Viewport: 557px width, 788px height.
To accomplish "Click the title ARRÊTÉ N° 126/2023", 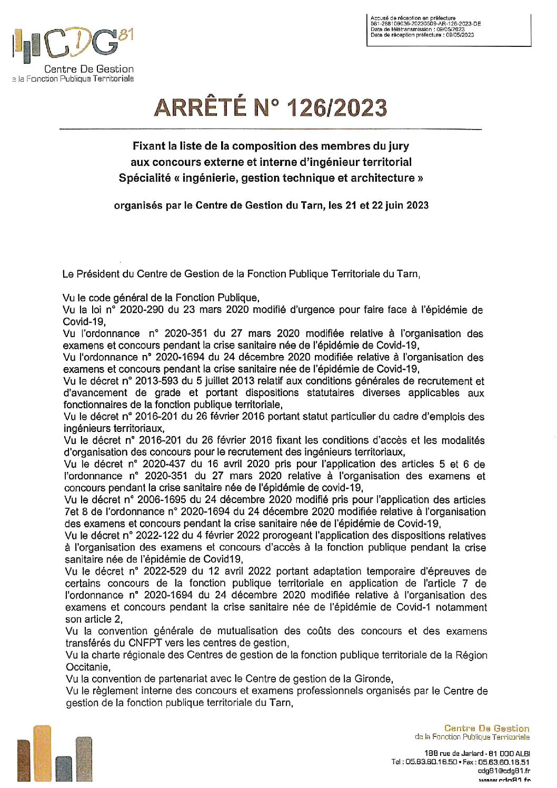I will pos(271,108).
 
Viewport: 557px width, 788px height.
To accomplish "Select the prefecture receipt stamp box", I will pos(449,30).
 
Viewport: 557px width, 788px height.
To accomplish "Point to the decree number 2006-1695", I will pos(162,499).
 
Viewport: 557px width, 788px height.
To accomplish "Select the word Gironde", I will pos(374,679).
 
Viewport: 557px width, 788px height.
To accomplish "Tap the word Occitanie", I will pos(87,667).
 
